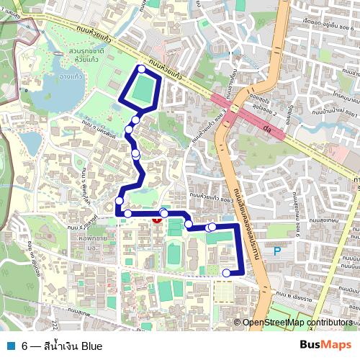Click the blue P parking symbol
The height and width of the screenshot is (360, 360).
[x=277, y=251]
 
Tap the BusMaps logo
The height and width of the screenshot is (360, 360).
[x=325, y=346]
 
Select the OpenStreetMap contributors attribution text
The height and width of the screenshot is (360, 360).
[x=297, y=323]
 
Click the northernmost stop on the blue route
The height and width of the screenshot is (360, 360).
[x=141, y=69]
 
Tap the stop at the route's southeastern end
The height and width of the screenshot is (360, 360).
[x=226, y=272]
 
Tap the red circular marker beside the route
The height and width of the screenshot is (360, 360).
[x=157, y=218]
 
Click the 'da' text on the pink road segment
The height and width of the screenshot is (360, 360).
[x=266, y=130]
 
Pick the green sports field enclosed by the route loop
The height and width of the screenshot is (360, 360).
[x=144, y=89]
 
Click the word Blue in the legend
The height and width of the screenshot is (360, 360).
[x=91, y=346]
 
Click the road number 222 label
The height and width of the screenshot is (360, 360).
[x=55, y=308]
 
